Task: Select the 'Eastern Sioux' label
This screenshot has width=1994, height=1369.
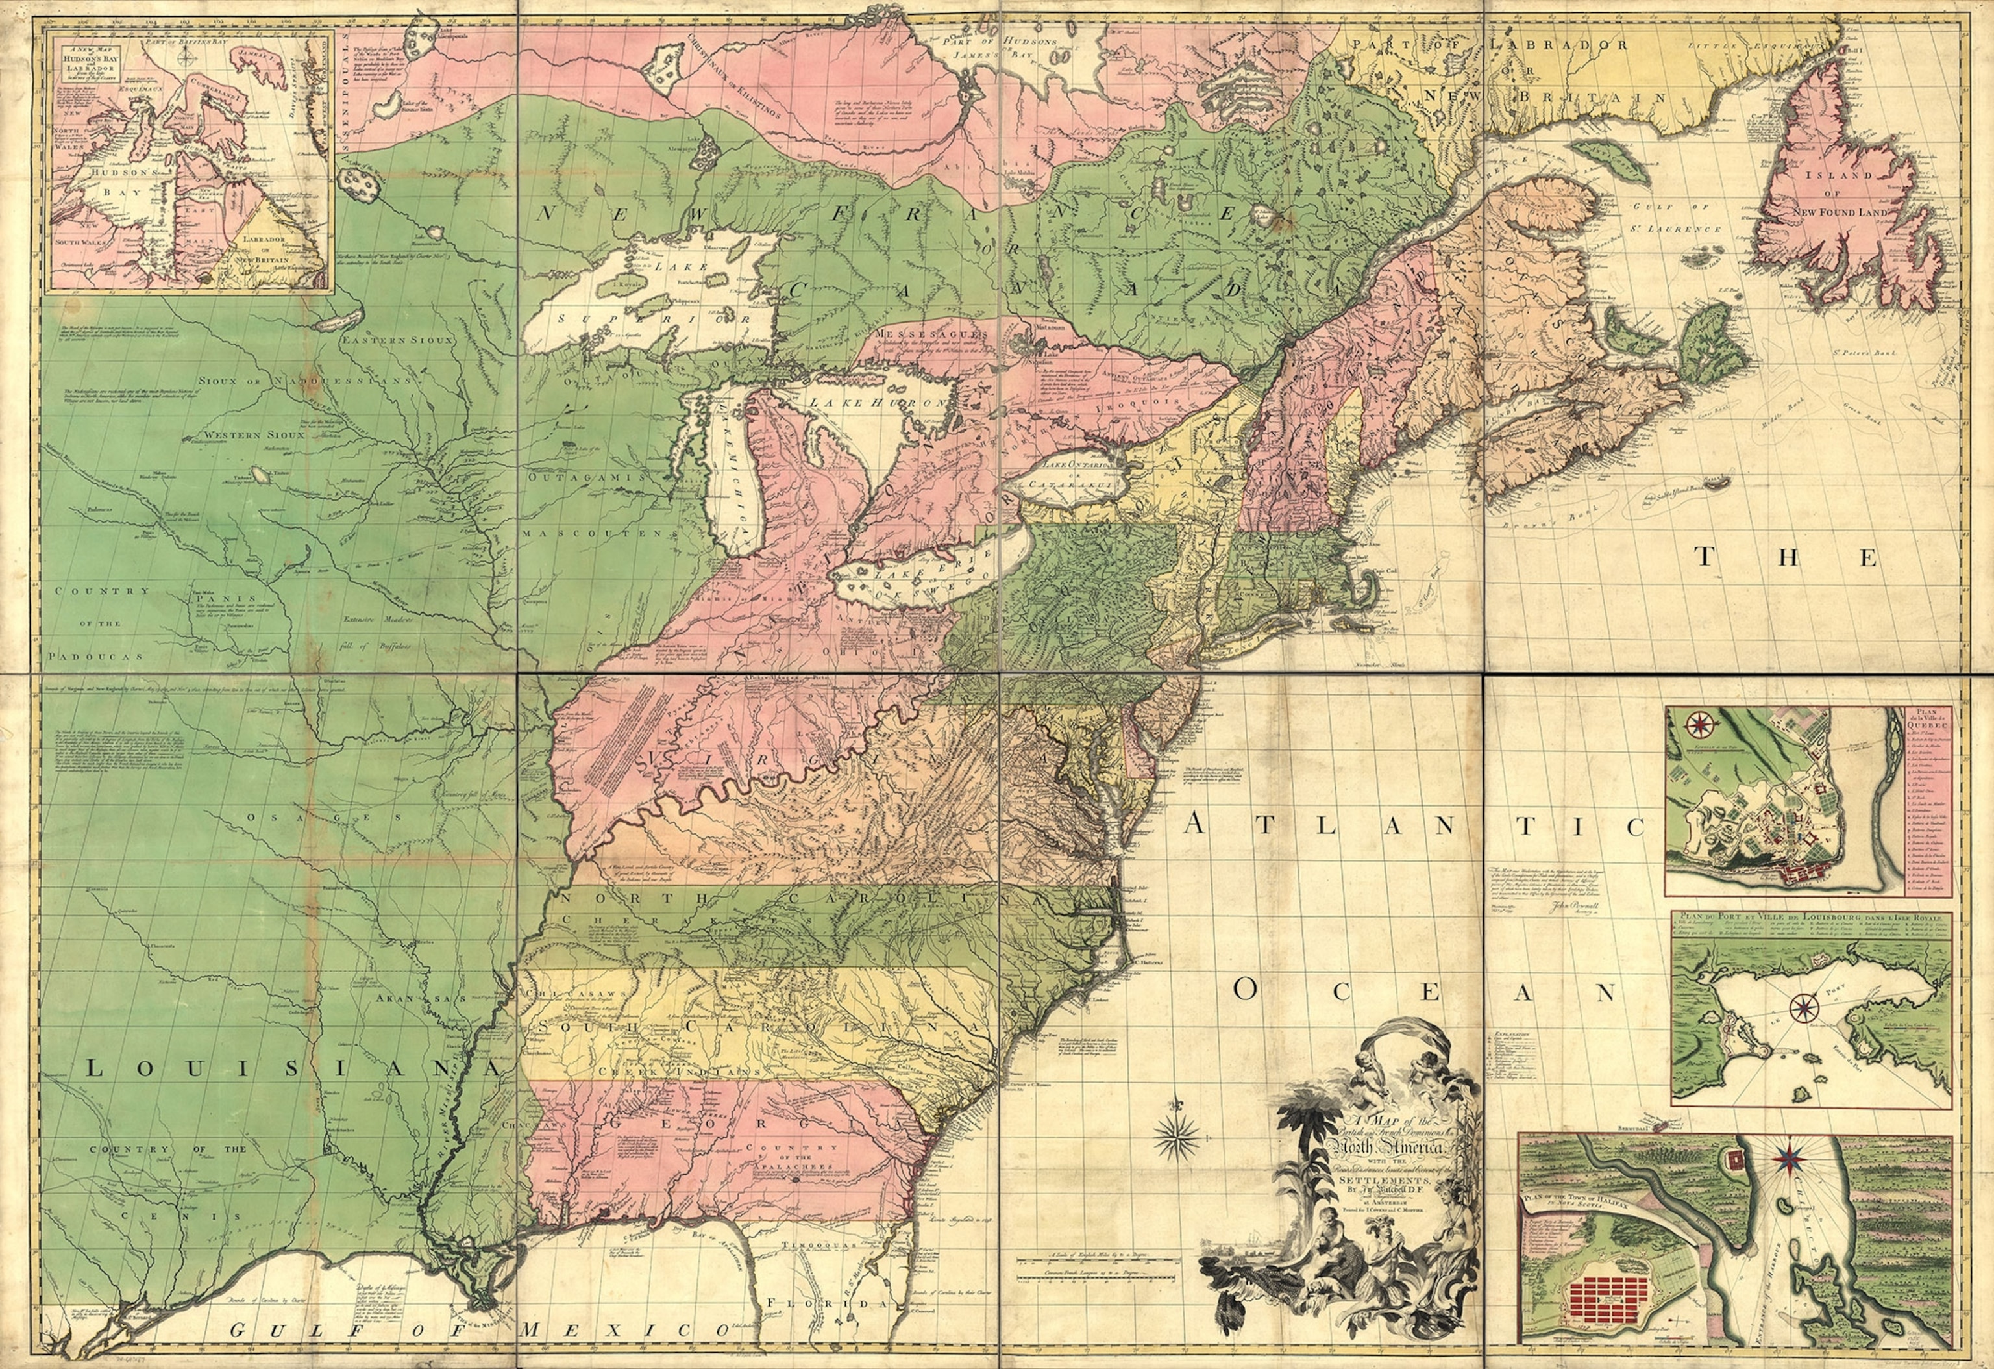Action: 400,340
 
